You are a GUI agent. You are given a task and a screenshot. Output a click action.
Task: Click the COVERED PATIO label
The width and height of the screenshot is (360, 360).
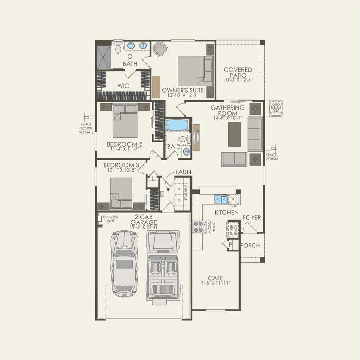[238, 72]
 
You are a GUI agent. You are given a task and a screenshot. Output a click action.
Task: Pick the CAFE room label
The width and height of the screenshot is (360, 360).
[215, 278]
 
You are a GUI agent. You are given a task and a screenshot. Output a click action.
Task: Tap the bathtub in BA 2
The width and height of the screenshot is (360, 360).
[177, 125]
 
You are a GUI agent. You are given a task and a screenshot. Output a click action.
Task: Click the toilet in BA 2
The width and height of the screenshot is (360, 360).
[183, 139]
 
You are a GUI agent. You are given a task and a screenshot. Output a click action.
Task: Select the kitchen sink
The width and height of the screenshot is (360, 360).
[221, 199]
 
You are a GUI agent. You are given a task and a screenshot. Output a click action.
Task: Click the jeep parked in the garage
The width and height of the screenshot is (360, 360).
[164, 265]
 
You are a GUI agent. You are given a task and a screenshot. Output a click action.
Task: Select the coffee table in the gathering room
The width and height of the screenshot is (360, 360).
[234, 134]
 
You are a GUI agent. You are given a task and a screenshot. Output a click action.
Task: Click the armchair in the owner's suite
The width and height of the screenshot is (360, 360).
[160, 49]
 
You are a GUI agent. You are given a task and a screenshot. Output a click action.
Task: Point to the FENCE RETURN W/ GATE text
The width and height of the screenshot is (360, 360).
[86, 128]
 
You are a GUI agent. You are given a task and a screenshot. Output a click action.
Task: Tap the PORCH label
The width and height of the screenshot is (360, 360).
[250, 245]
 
